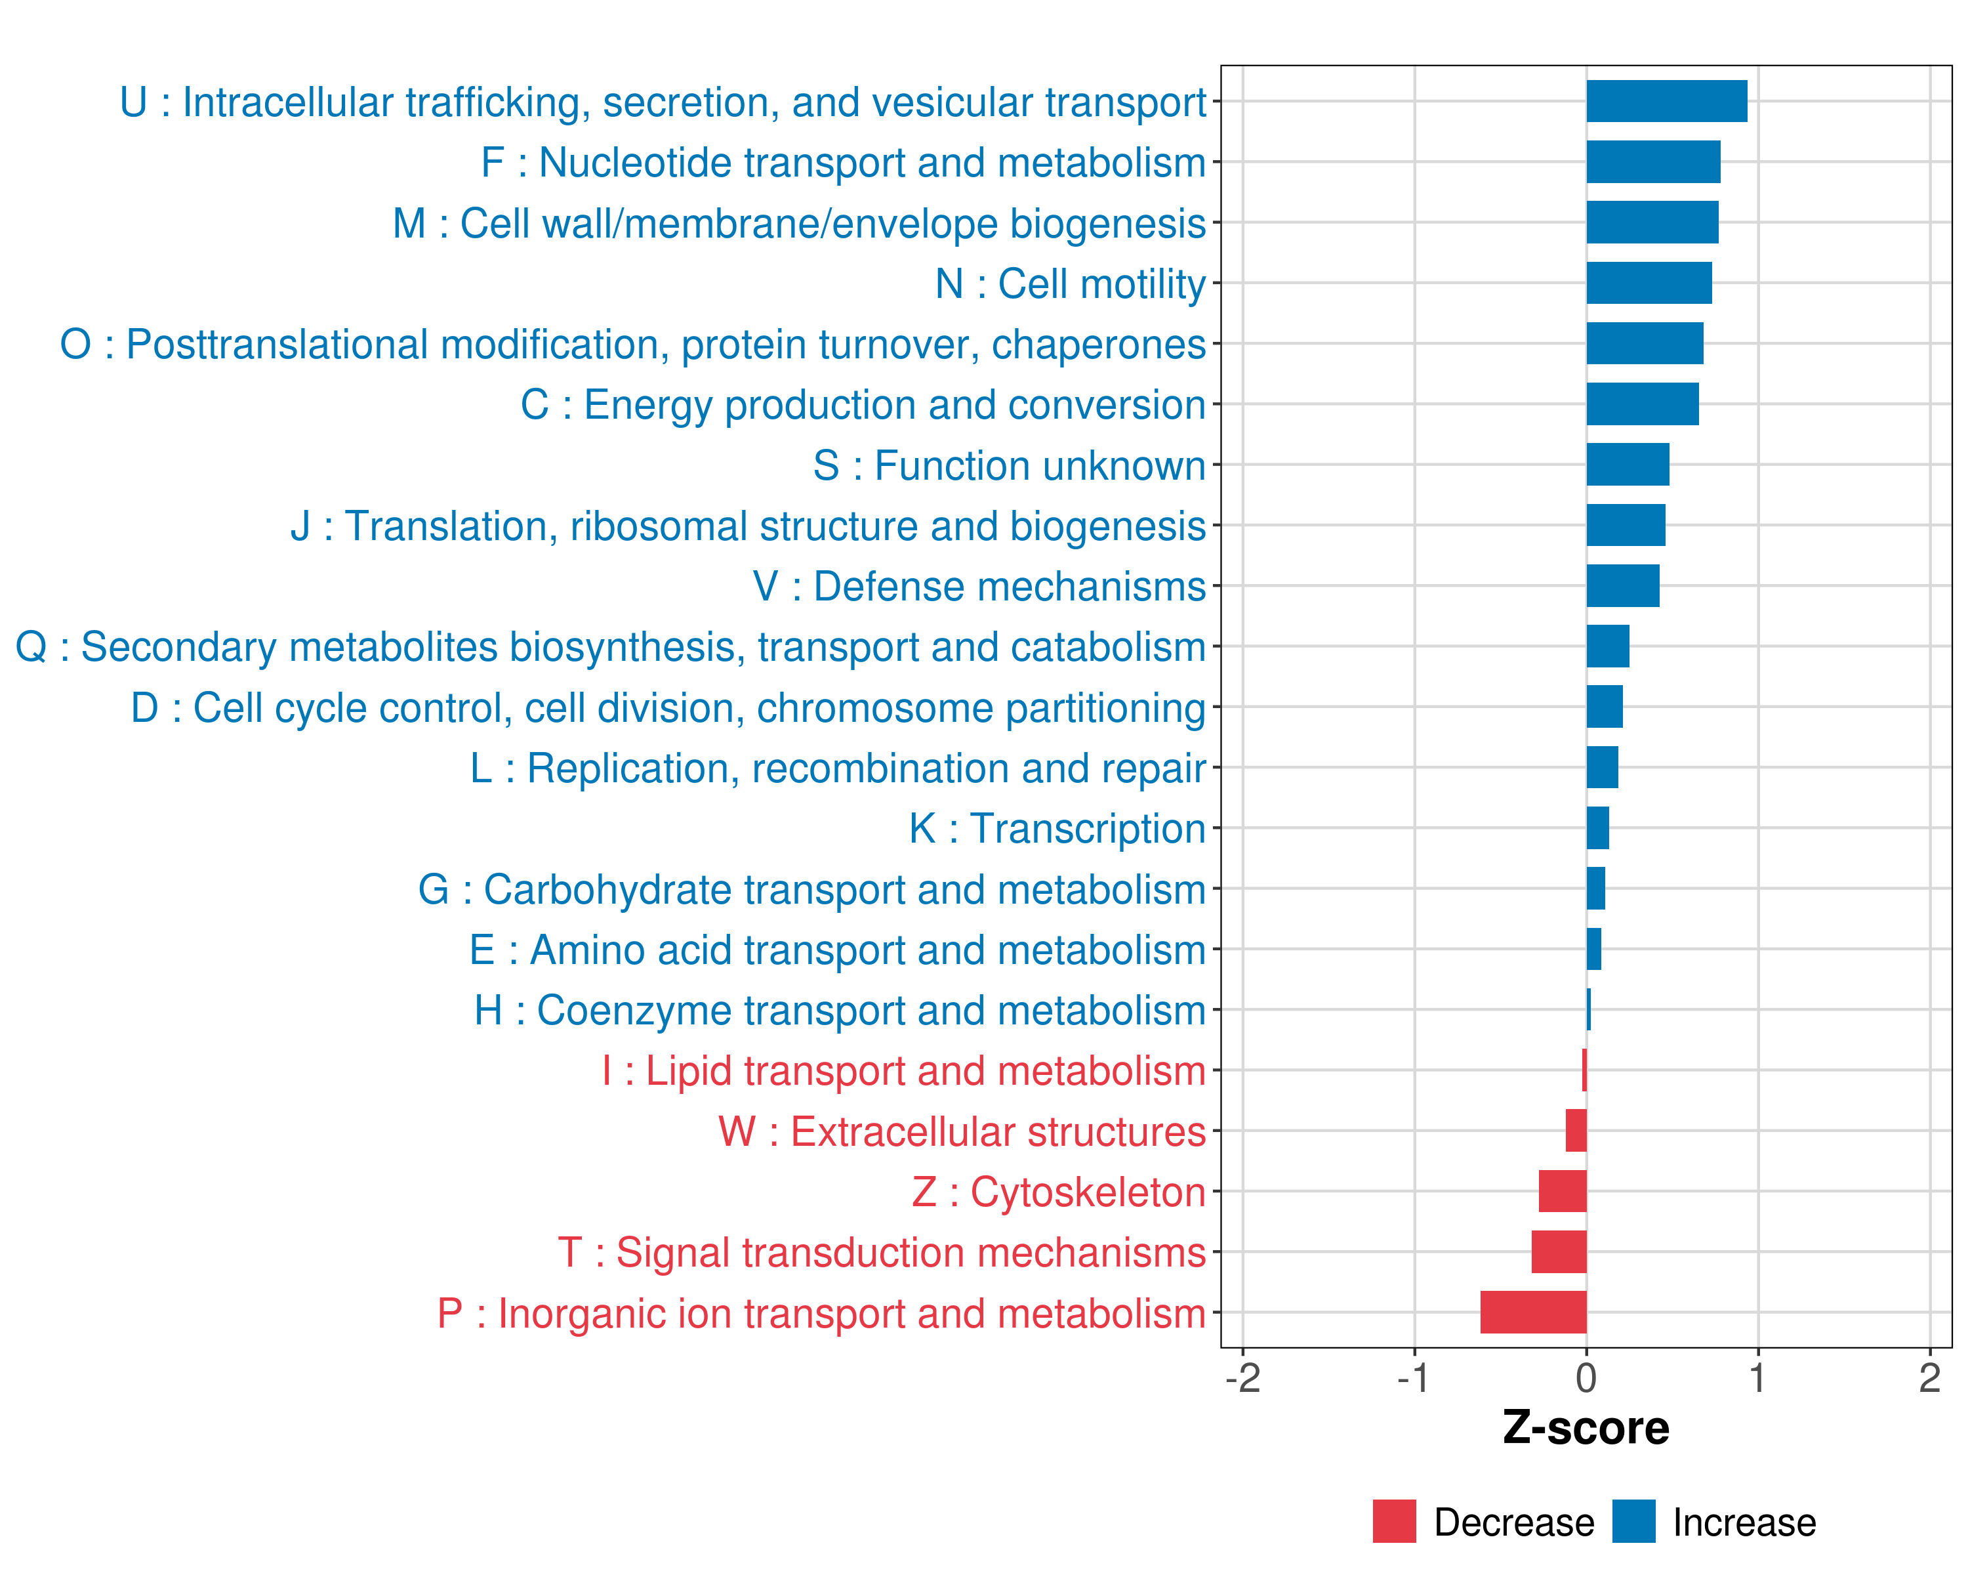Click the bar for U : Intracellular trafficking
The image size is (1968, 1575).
[x=1667, y=101]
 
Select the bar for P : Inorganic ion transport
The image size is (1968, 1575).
[x=1534, y=1312]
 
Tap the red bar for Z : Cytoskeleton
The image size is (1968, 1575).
[x=1563, y=1190]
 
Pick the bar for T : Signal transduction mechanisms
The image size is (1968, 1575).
[x=1559, y=1251]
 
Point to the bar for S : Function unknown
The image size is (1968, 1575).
[x=1628, y=465]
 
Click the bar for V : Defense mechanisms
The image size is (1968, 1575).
[x=1623, y=585]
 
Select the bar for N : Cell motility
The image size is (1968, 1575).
[x=1649, y=283]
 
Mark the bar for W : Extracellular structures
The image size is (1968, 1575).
[x=1576, y=1130]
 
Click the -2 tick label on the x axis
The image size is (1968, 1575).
[x=1242, y=1377]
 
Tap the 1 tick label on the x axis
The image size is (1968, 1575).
[x=1757, y=1377]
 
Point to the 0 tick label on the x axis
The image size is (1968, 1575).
[x=1586, y=1377]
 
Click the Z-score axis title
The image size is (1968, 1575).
[x=1586, y=1427]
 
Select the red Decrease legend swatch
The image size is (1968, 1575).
[x=1395, y=1521]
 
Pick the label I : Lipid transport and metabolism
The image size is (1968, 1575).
[x=904, y=1071]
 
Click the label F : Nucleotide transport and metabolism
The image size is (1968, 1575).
[x=844, y=163]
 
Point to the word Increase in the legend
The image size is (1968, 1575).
[x=1744, y=1522]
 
